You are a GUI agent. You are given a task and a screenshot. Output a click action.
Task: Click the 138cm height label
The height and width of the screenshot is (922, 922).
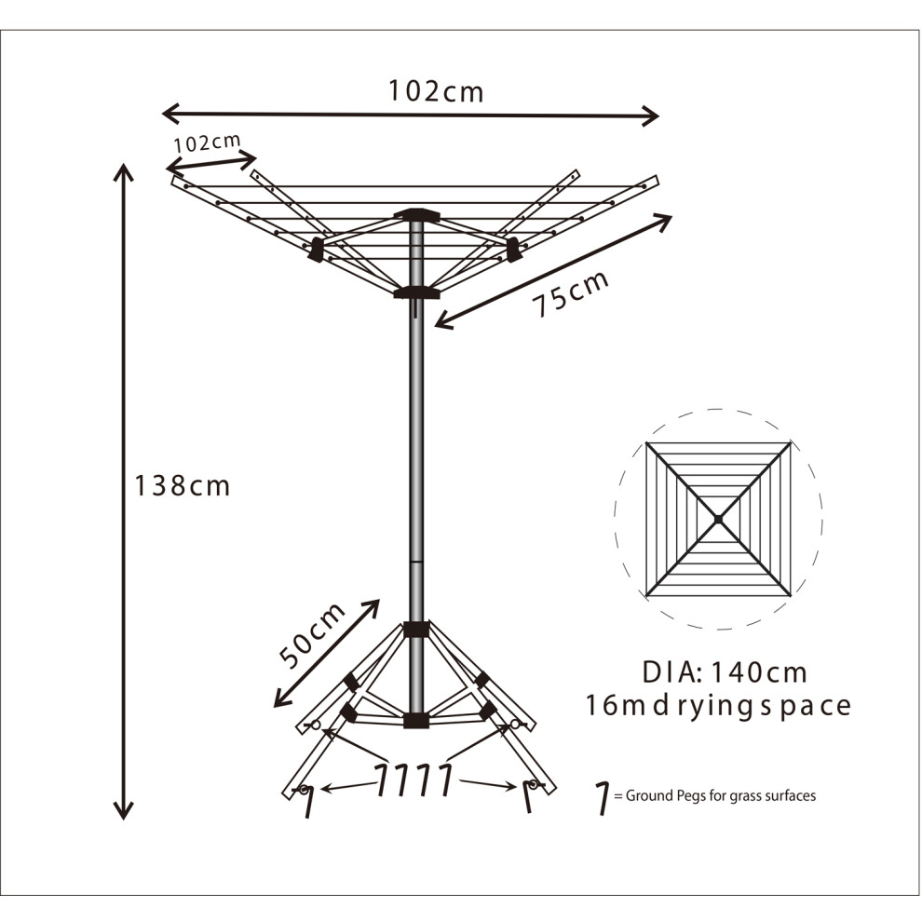[x=183, y=486]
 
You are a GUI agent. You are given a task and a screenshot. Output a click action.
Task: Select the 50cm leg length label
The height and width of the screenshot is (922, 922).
[x=312, y=636]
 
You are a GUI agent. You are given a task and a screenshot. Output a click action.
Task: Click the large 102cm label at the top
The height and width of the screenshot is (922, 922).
[x=436, y=91]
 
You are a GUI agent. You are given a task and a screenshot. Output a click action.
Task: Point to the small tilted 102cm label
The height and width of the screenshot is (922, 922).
[x=208, y=142]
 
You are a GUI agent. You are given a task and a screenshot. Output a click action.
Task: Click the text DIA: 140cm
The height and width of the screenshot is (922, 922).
[x=725, y=672]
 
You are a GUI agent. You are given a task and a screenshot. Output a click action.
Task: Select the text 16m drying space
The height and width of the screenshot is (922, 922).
[x=718, y=706]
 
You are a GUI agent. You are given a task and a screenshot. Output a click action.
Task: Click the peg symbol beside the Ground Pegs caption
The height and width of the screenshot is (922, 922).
[x=603, y=798]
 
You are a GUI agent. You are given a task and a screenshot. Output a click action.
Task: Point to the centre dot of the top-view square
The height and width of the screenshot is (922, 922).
[x=718, y=520]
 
